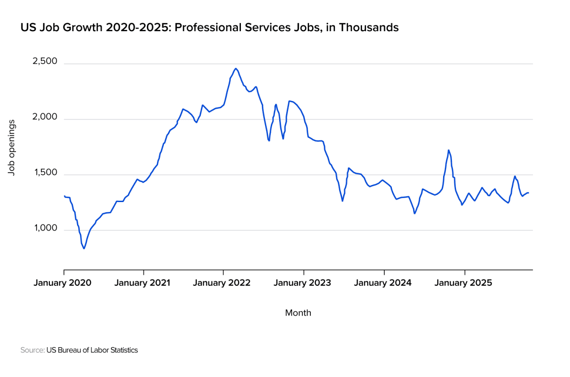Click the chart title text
[x=209, y=28]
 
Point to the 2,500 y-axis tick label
[x=45, y=61]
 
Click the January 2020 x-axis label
[x=62, y=283]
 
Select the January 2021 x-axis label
[x=142, y=283]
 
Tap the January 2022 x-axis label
[x=222, y=283]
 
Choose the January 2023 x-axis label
[x=302, y=283]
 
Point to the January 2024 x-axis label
[x=383, y=283]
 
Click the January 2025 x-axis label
[x=463, y=283]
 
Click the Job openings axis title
[x=12, y=147]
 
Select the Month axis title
[x=298, y=313]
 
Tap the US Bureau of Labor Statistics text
[x=92, y=350]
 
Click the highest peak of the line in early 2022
[x=236, y=69]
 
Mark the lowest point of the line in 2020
[x=84, y=248]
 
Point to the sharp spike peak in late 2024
[x=448, y=150]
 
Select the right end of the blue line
[x=528, y=193]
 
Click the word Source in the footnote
[x=32, y=350]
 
